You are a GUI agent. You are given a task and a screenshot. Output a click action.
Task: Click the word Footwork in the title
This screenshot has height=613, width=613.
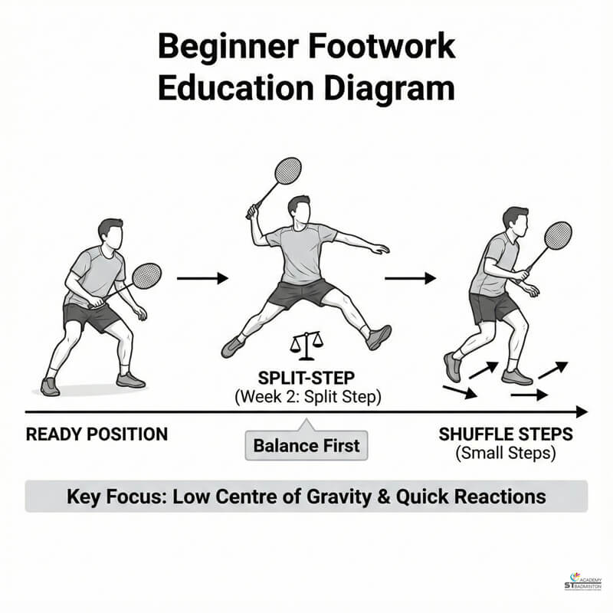pyautogui.click(x=381, y=47)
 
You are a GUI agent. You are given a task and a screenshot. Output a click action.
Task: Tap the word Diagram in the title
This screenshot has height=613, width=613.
pyautogui.click(x=389, y=88)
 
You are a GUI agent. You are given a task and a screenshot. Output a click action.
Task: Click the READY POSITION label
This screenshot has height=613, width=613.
pyautogui.click(x=97, y=434)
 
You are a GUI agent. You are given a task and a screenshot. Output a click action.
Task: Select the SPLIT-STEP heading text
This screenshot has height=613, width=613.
pyautogui.click(x=306, y=378)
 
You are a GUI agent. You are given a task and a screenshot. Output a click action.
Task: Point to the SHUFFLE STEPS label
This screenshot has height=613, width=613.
pyautogui.click(x=506, y=434)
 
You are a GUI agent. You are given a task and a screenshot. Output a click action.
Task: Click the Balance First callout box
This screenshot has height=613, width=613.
pyautogui.click(x=306, y=445)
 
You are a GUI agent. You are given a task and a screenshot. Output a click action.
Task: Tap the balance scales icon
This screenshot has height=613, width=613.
pyautogui.click(x=306, y=346)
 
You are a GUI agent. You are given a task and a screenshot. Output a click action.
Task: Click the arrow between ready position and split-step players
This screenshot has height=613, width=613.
pyautogui.click(x=202, y=278)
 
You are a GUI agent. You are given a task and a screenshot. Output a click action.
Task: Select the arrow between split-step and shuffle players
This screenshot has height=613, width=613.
pyautogui.click(x=411, y=278)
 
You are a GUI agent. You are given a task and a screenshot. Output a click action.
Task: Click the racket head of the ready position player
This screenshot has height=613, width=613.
pyautogui.click(x=146, y=276)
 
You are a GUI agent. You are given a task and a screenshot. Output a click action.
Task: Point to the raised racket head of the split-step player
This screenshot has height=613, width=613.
pyautogui.click(x=288, y=170)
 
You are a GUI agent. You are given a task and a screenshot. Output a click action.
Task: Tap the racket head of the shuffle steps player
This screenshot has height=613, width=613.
pyautogui.click(x=558, y=235)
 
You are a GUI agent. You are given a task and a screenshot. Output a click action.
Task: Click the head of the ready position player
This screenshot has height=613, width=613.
pyautogui.click(x=111, y=234)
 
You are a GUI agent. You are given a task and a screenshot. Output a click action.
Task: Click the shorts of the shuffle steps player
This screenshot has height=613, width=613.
pyautogui.click(x=493, y=307)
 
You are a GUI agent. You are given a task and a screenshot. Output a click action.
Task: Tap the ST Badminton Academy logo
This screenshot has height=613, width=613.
pyautogui.click(x=583, y=582)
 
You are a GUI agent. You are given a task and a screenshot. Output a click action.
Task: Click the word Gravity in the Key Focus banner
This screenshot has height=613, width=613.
pyautogui.click(x=339, y=497)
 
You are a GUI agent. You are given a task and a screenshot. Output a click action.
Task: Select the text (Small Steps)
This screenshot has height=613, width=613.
pyautogui.click(x=506, y=454)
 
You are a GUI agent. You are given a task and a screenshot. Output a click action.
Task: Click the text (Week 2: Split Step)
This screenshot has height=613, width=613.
pyautogui.click(x=308, y=397)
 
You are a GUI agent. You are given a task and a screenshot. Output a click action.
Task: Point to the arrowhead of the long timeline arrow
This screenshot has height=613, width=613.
pyautogui.click(x=582, y=412)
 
